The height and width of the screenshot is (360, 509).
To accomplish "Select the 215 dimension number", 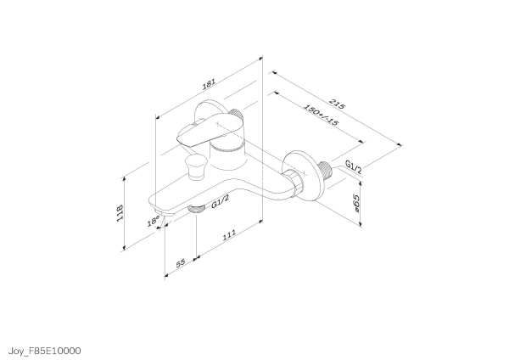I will tap(338, 104).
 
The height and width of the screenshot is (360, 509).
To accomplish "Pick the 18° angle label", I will tap(154, 222).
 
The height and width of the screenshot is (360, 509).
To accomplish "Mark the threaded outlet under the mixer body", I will tap(196, 208).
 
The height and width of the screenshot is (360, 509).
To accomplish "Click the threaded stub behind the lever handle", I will tap(236, 119).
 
